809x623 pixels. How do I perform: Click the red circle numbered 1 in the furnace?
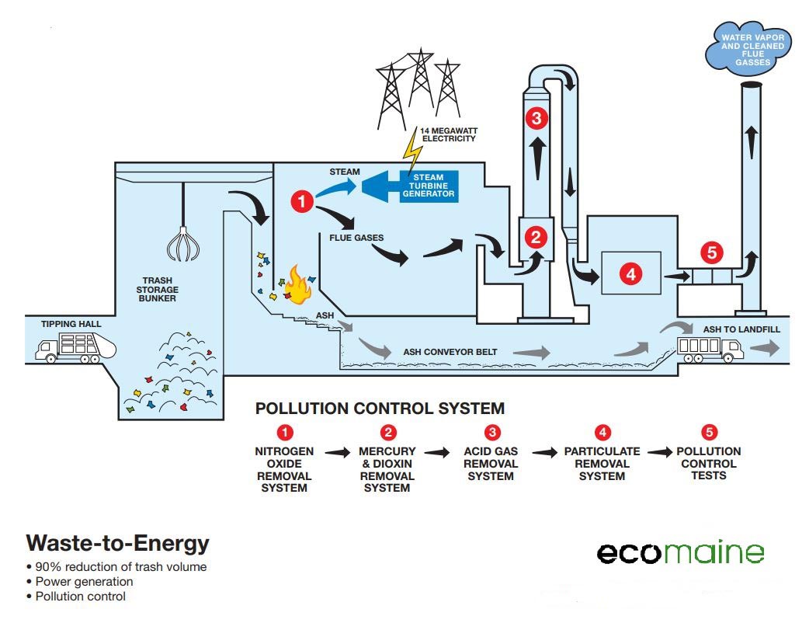click(x=301, y=202)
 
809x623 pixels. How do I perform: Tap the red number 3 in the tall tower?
click(x=536, y=118)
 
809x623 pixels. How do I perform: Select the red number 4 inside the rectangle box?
click(x=630, y=274)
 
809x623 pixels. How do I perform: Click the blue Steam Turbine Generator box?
click(x=429, y=186)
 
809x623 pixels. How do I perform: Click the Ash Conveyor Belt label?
click(x=450, y=352)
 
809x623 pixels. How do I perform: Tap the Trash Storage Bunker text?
click(x=159, y=289)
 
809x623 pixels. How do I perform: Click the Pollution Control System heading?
click(x=380, y=408)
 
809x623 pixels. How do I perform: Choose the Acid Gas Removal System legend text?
click(x=491, y=463)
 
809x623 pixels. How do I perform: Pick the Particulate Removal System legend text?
click(x=602, y=463)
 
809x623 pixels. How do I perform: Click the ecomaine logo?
click(x=680, y=552)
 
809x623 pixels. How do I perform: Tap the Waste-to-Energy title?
click(x=117, y=542)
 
